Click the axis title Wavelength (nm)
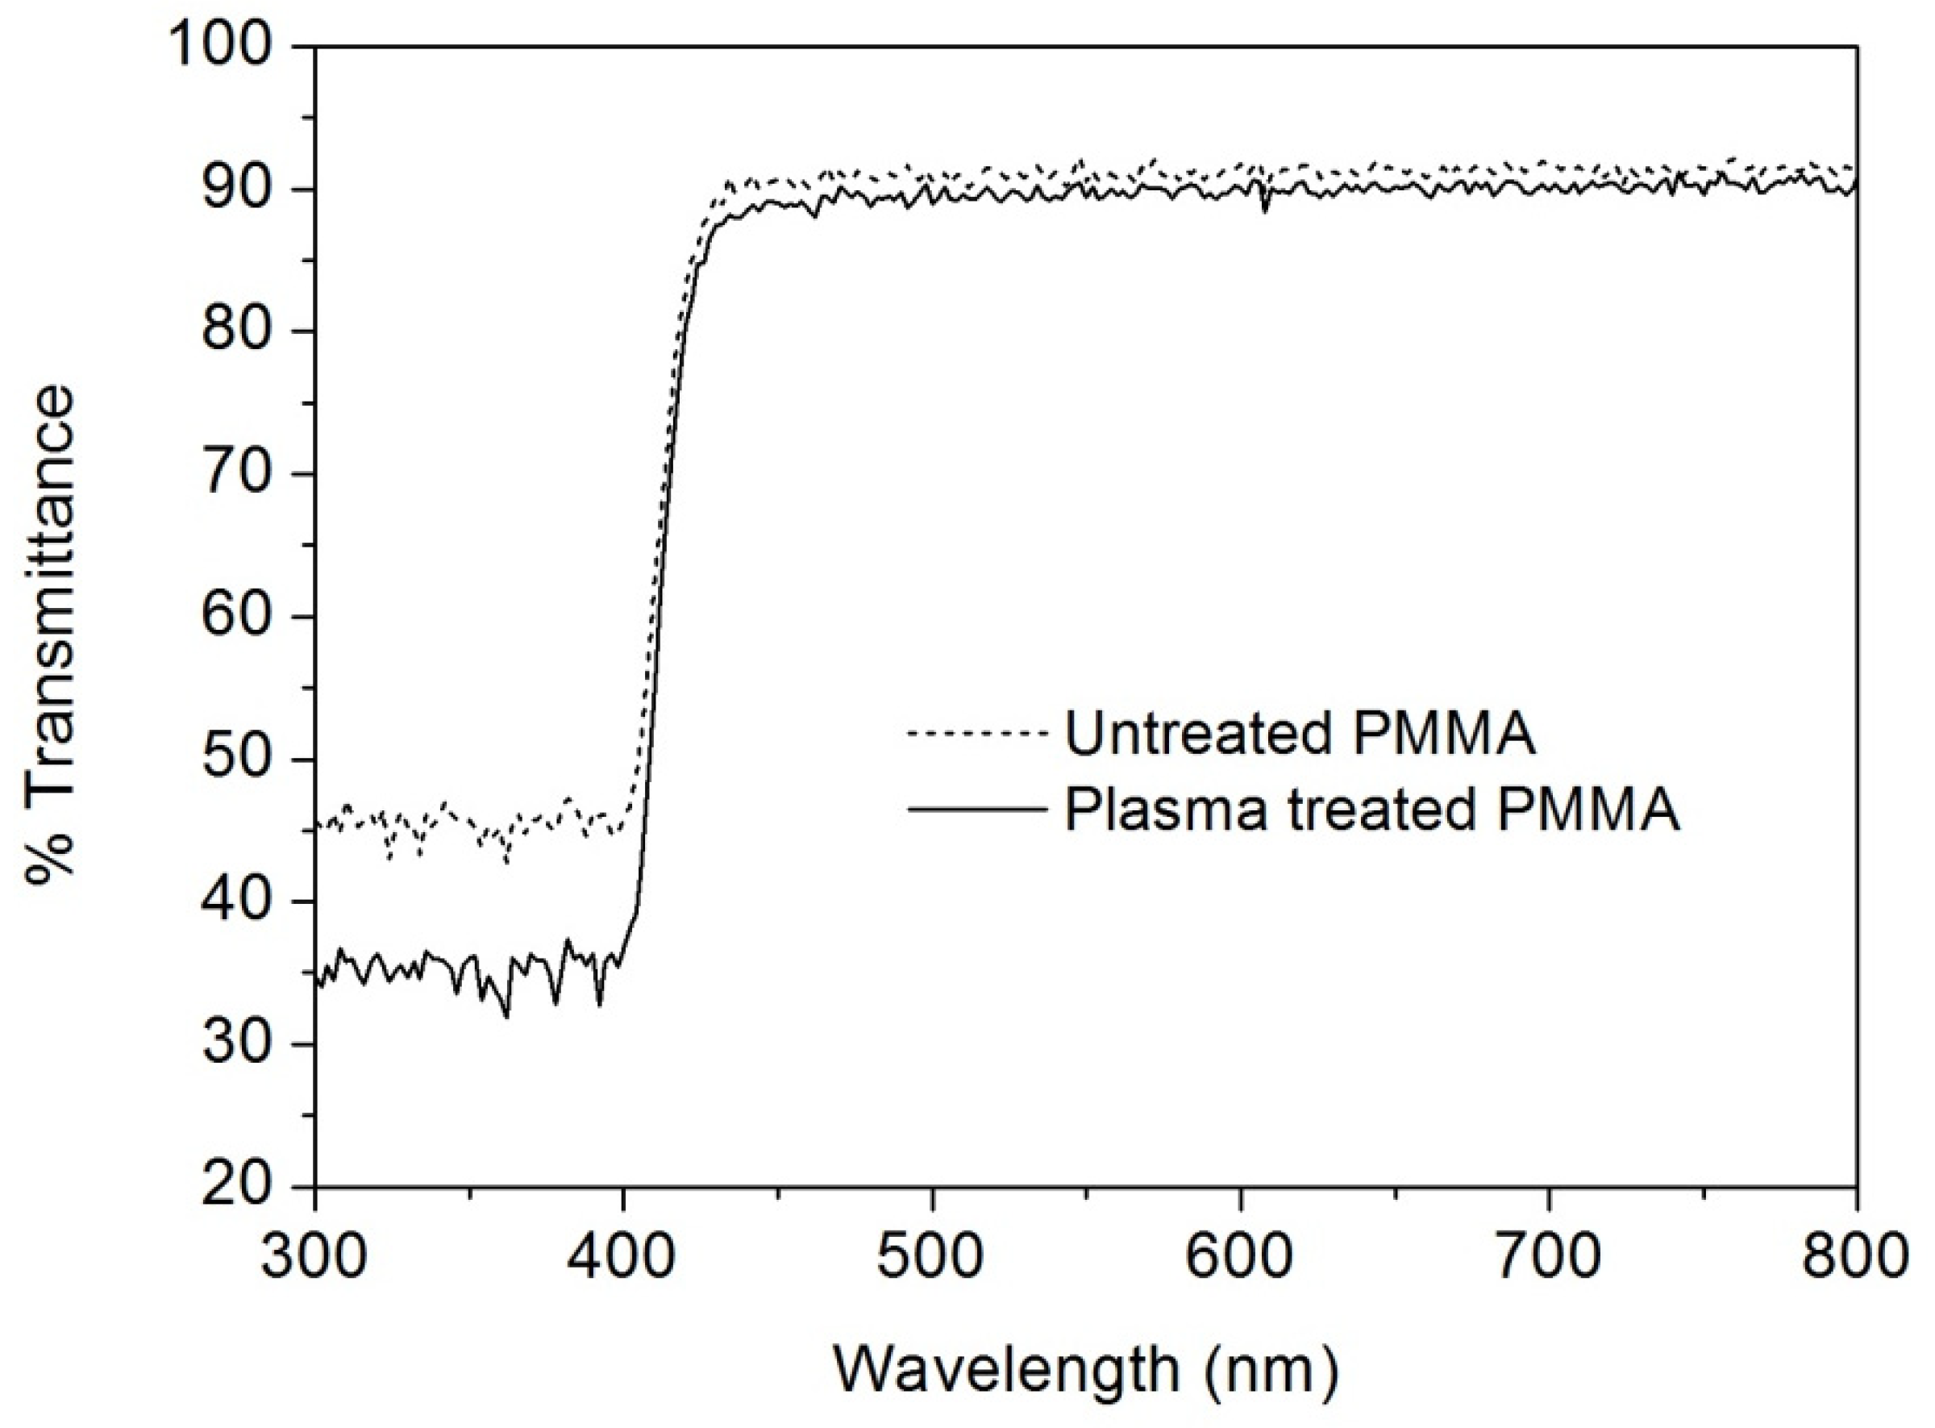pyautogui.click(x=1086, y=1369)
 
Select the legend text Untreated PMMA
pyautogui.click(x=1300, y=735)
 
